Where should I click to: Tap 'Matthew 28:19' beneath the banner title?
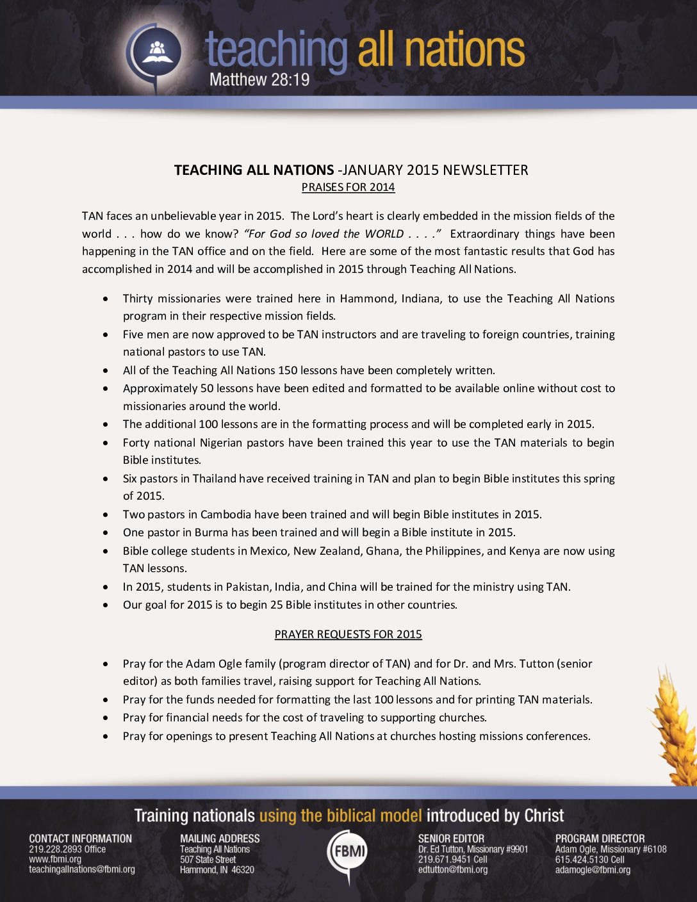[259, 79]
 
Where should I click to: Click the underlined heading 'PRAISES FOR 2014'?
[348, 187]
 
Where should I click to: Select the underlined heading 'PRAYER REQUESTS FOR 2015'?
[348, 634]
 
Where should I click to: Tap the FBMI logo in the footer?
[348, 853]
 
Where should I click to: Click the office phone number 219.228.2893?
[56, 849]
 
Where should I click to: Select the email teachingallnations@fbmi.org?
[82, 869]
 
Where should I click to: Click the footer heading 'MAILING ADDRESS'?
[220, 839]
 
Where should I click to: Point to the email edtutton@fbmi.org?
[453, 869]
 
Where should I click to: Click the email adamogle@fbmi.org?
[593, 870]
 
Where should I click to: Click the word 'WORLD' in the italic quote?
[384, 234]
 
